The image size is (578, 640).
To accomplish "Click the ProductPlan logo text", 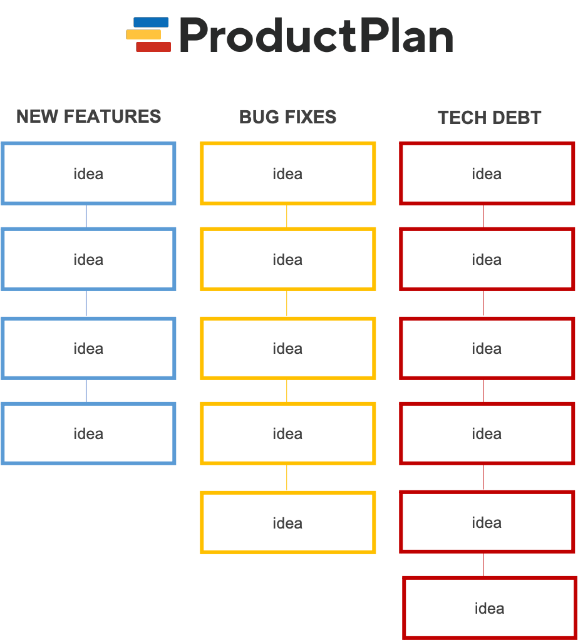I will [316, 36].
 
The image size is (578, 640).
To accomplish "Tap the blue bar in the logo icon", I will [151, 23].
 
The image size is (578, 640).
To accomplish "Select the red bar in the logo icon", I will [153, 47].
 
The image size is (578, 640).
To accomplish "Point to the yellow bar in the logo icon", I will [143, 34].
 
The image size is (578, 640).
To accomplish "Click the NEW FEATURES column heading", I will [88, 116].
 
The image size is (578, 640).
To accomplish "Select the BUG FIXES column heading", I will [287, 117].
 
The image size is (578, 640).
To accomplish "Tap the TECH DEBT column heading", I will [489, 118].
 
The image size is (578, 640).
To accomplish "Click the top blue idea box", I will [88, 173].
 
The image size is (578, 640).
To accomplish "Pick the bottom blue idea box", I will [88, 433].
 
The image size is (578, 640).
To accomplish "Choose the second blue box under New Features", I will [88, 259].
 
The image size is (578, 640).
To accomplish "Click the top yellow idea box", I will [287, 173].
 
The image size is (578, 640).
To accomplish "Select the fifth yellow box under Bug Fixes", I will [287, 522].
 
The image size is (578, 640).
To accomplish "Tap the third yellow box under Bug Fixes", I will [287, 348].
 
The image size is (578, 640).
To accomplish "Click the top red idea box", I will [487, 173].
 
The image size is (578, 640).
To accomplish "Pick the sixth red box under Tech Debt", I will [490, 607].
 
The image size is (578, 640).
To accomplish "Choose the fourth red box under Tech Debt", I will [487, 433].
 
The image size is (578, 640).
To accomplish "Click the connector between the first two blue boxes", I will [86, 216].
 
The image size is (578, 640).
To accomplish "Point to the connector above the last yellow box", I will [287, 478].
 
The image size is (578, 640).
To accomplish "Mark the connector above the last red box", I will [483, 564].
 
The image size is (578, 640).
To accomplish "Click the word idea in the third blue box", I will [88, 348].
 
